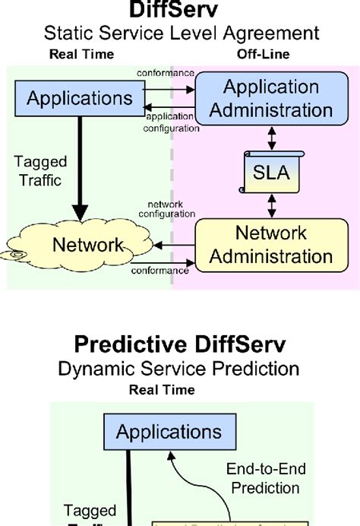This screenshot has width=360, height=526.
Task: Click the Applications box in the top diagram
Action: tap(79, 99)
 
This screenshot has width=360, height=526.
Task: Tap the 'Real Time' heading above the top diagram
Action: tap(81, 54)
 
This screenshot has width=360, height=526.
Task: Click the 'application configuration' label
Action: tap(171, 122)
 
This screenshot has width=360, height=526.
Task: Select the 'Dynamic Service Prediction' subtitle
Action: tap(179, 369)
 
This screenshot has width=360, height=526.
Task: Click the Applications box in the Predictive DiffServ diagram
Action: tap(169, 432)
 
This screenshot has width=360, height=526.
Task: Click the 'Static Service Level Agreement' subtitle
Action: tap(179, 33)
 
